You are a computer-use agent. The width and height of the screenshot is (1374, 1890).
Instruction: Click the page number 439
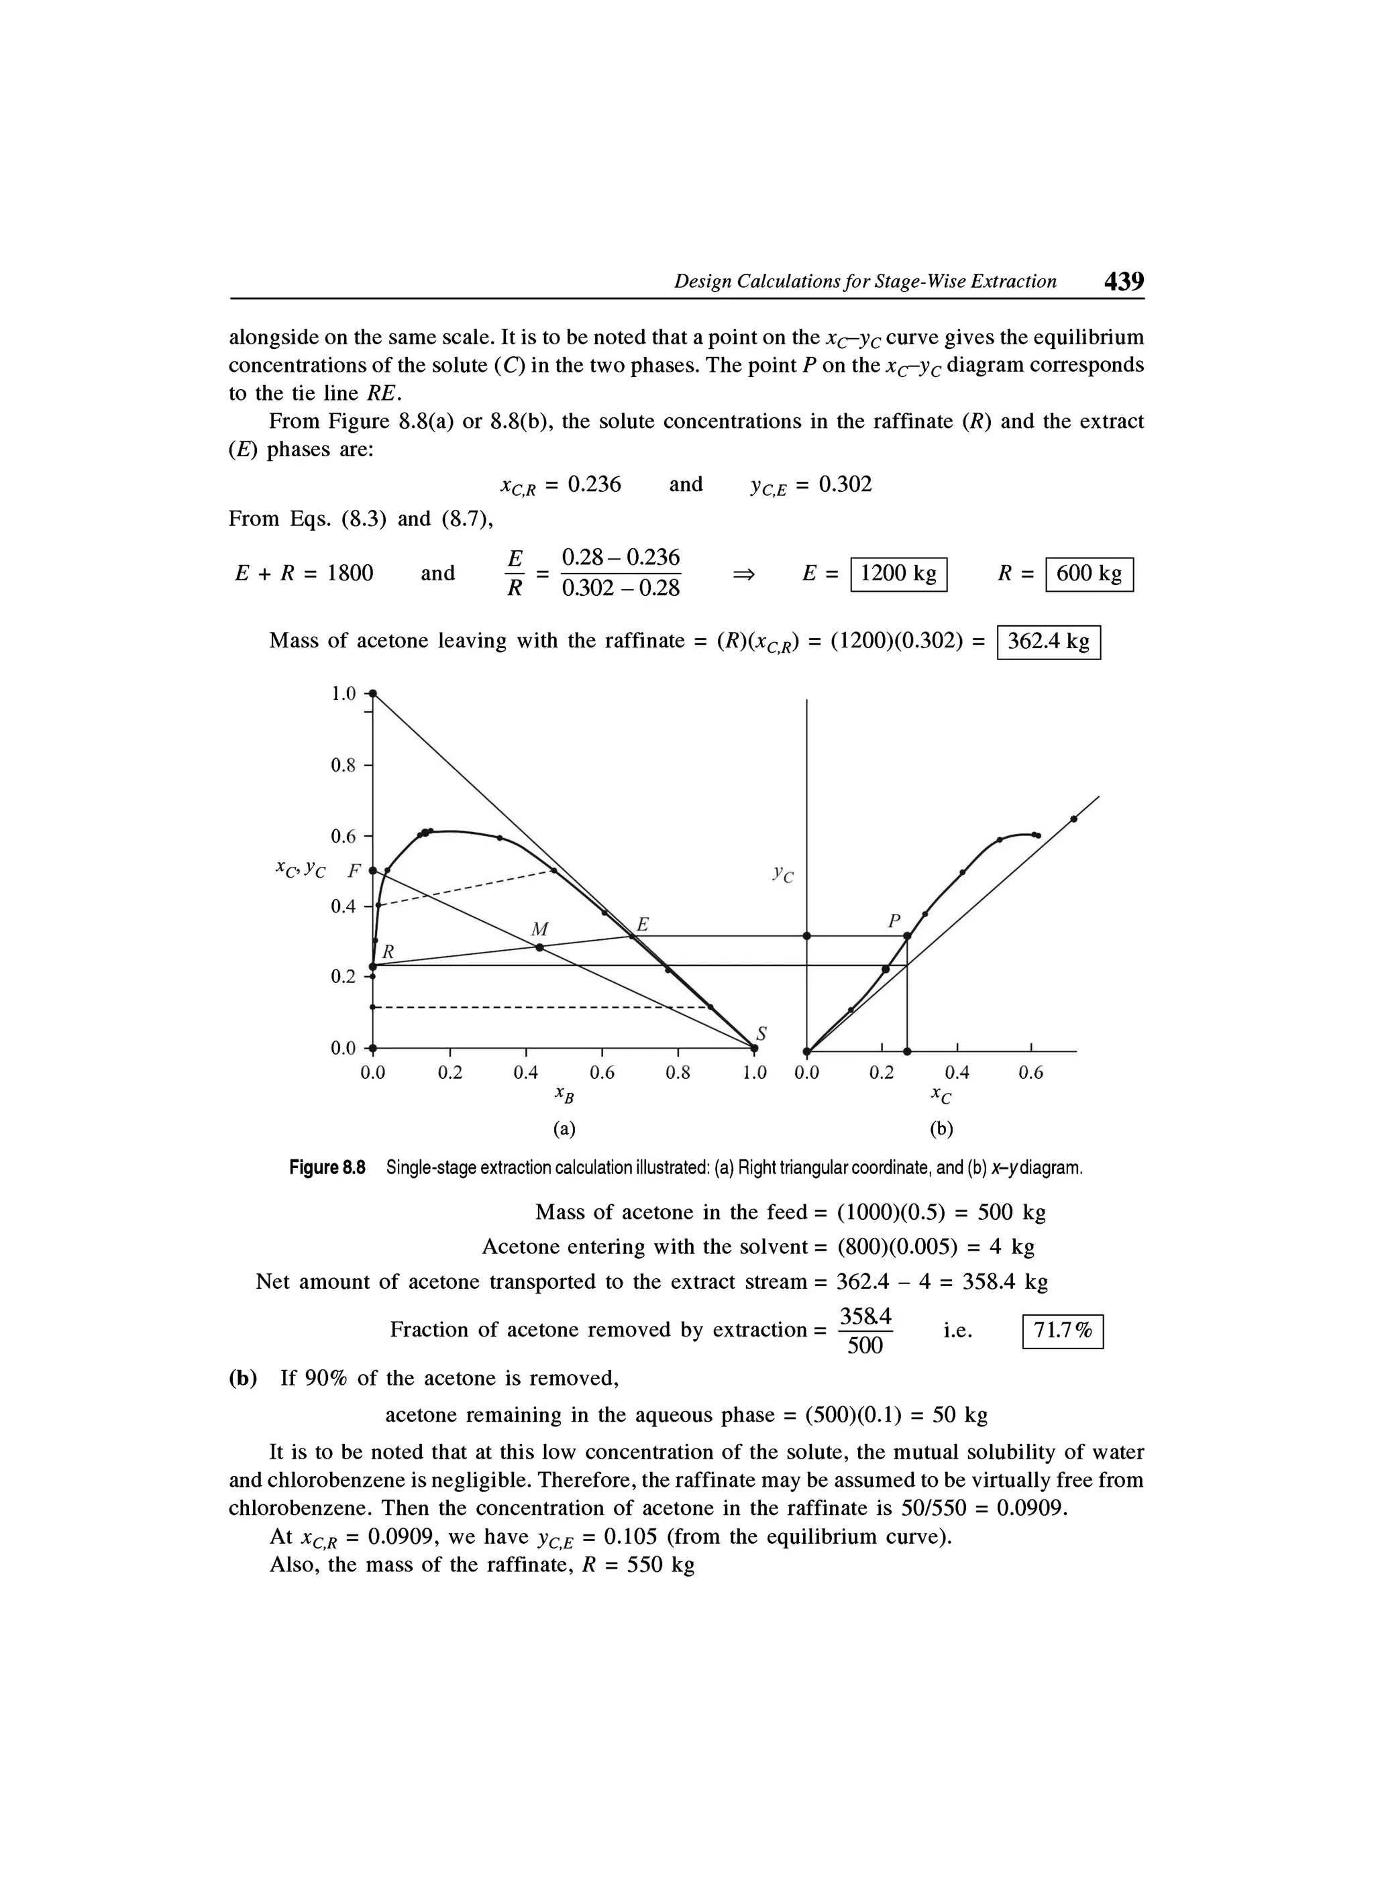point(1124,281)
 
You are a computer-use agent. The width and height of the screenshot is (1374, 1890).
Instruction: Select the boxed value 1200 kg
point(898,574)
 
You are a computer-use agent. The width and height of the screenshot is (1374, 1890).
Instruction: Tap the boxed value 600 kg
point(1088,574)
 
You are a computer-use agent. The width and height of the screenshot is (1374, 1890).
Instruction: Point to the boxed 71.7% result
point(1061,1331)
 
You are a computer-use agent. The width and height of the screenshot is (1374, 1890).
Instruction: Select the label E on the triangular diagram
point(643,924)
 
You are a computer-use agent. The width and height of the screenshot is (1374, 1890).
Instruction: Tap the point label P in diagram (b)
point(894,921)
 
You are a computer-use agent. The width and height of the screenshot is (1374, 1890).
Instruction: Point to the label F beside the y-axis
point(354,872)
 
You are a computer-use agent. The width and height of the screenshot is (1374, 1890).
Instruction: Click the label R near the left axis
point(388,951)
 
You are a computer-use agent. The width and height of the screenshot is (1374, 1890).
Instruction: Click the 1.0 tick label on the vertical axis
point(342,693)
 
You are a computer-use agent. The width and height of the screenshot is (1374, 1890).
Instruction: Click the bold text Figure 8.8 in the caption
point(327,1167)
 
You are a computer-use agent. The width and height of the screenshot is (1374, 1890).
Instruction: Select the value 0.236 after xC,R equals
point(594,485)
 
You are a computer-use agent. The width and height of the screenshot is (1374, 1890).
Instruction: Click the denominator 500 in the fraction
point(865,1346)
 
